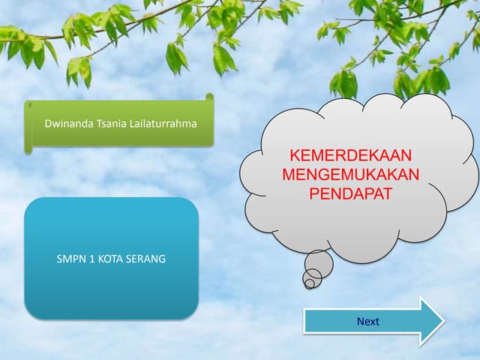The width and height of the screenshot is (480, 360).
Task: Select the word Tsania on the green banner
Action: pyautogui.click(x=112, y=123)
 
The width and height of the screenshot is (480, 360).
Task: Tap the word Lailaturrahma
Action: pyautogui.click(x=163, y=123)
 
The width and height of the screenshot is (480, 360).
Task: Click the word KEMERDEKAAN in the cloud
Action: pyautogui.click(x=351, y=155)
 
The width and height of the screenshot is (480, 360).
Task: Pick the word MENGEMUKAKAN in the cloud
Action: pyautogui.click(x=351, y=175)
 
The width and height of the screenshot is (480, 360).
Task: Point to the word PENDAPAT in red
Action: pyautogui.click(x=351, y=193)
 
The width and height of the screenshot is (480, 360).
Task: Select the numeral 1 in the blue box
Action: pyautogui.click(x=92, y=259)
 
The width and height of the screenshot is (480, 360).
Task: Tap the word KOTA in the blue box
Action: pyautogui.click(x=110, y=259)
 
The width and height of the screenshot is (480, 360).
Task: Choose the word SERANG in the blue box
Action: pyautogui.click(x=145, y=259)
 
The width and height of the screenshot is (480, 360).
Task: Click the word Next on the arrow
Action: pyautogui.click(x=368, y=322)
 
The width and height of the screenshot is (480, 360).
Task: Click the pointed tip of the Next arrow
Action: pyautogui.click(x=444, y=321)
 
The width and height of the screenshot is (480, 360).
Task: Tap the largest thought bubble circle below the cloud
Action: pyautogui.click(x=319, y=264)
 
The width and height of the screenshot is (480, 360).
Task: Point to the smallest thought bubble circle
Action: pyautogui.click(x=310, y=283)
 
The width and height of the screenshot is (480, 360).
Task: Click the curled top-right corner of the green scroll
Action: pyautogui.click(x=210, y=97)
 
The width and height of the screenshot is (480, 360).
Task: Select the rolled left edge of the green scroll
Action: pyautogui.click(x=28, y=127)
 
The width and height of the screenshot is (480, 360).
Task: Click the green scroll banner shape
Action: pyautogui.click(x=119, y=123)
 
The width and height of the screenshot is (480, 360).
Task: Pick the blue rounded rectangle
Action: pyautogui.click(x=112, y=259)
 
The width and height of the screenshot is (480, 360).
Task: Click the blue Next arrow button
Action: pyautogui.click(x=373, y=321)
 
